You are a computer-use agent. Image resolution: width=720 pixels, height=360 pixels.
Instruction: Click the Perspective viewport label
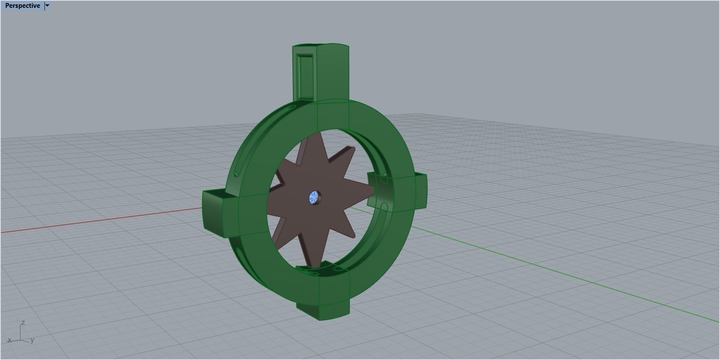pyautogui.click(x=22, y=6)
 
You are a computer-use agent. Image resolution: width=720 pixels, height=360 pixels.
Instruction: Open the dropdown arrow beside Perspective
pyautogui.click(x=48, y=6)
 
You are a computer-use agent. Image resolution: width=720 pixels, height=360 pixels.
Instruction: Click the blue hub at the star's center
pyautogui.click(x=314, y=198)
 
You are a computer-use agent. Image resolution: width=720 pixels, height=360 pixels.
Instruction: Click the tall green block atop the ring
pyautogui.click(x=321, y=74)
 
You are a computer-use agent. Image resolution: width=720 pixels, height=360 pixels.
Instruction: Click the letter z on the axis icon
pyautogui.click(x=23, y=323)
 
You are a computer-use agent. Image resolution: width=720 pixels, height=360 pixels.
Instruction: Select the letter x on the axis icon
pyautogui.click(x=9, y=340)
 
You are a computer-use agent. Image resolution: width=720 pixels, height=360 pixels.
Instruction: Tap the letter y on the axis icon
pyautogui.click(x=33, y=340)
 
